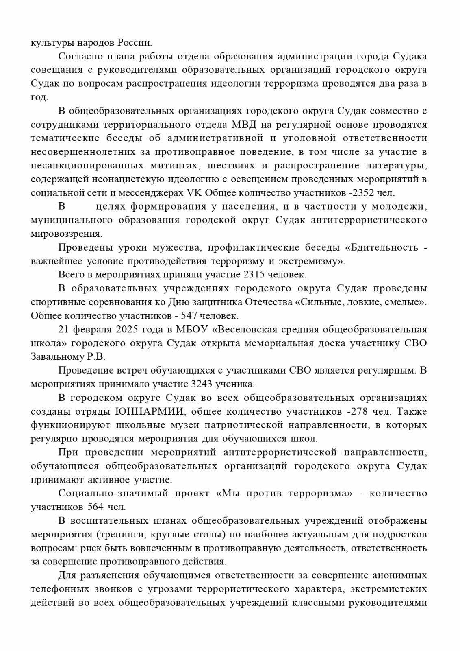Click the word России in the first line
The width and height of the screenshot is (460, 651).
click(135, 42)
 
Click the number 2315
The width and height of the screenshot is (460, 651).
click(253, 275)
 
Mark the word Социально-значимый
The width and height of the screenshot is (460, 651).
click(113, 494)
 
